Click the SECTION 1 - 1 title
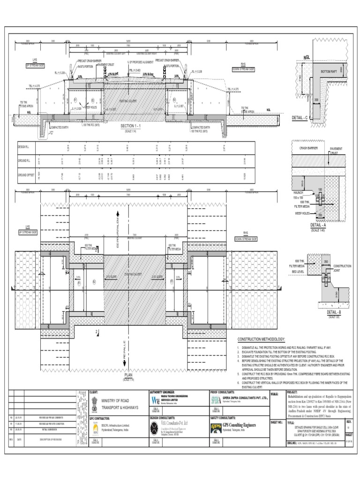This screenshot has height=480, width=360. (x=134, y=126)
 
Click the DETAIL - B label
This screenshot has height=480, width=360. (x=334, y=312)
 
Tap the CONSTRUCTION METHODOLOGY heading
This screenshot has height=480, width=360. (x=261, y=339)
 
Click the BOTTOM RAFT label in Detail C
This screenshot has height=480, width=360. (x=332, y=71)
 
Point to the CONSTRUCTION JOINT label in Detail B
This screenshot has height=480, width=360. (x=342, y=268)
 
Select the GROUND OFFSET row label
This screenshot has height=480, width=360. (x=26, y=175)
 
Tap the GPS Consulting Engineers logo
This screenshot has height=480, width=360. (x=216, y=426)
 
